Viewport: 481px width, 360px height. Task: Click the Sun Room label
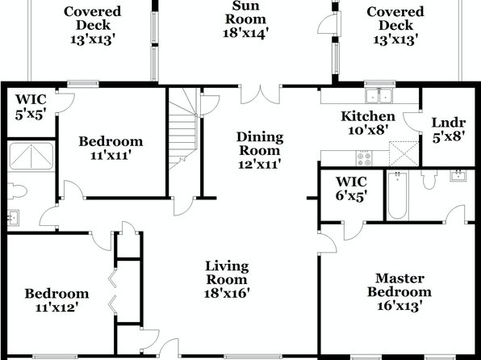[x=245, y=19]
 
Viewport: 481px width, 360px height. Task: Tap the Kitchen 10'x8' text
[x=368, y=123]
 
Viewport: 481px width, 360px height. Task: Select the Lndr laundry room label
[x=448, y=129]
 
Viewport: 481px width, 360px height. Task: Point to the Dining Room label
[x=260, y=150]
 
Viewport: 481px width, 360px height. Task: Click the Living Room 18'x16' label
[x=227, y=279]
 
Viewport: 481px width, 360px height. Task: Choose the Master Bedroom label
[x=399, y=292]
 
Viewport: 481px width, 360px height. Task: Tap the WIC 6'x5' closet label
[x=351, y=188]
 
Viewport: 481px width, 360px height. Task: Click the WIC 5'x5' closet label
[x=31, y=107]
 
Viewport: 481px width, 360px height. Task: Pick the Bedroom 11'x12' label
[x=56, y=299]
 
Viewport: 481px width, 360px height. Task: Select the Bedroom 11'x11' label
[x=111, y=148]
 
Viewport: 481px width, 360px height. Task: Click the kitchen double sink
[x=379, y=96]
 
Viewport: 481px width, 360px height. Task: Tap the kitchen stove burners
[x=364, y=158]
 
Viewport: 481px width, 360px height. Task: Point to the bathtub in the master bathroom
[x=397, y=195]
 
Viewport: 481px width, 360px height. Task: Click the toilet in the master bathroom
[x=429, y=179]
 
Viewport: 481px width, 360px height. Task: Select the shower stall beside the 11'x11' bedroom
[x=31, y=157]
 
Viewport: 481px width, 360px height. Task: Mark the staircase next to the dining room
[x=183, y=129]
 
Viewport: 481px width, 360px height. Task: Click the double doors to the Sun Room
[x=260, y=94]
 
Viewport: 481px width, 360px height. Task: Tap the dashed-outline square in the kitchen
[x=404, y=153]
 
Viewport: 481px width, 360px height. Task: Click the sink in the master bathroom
[x=458, y=176]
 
